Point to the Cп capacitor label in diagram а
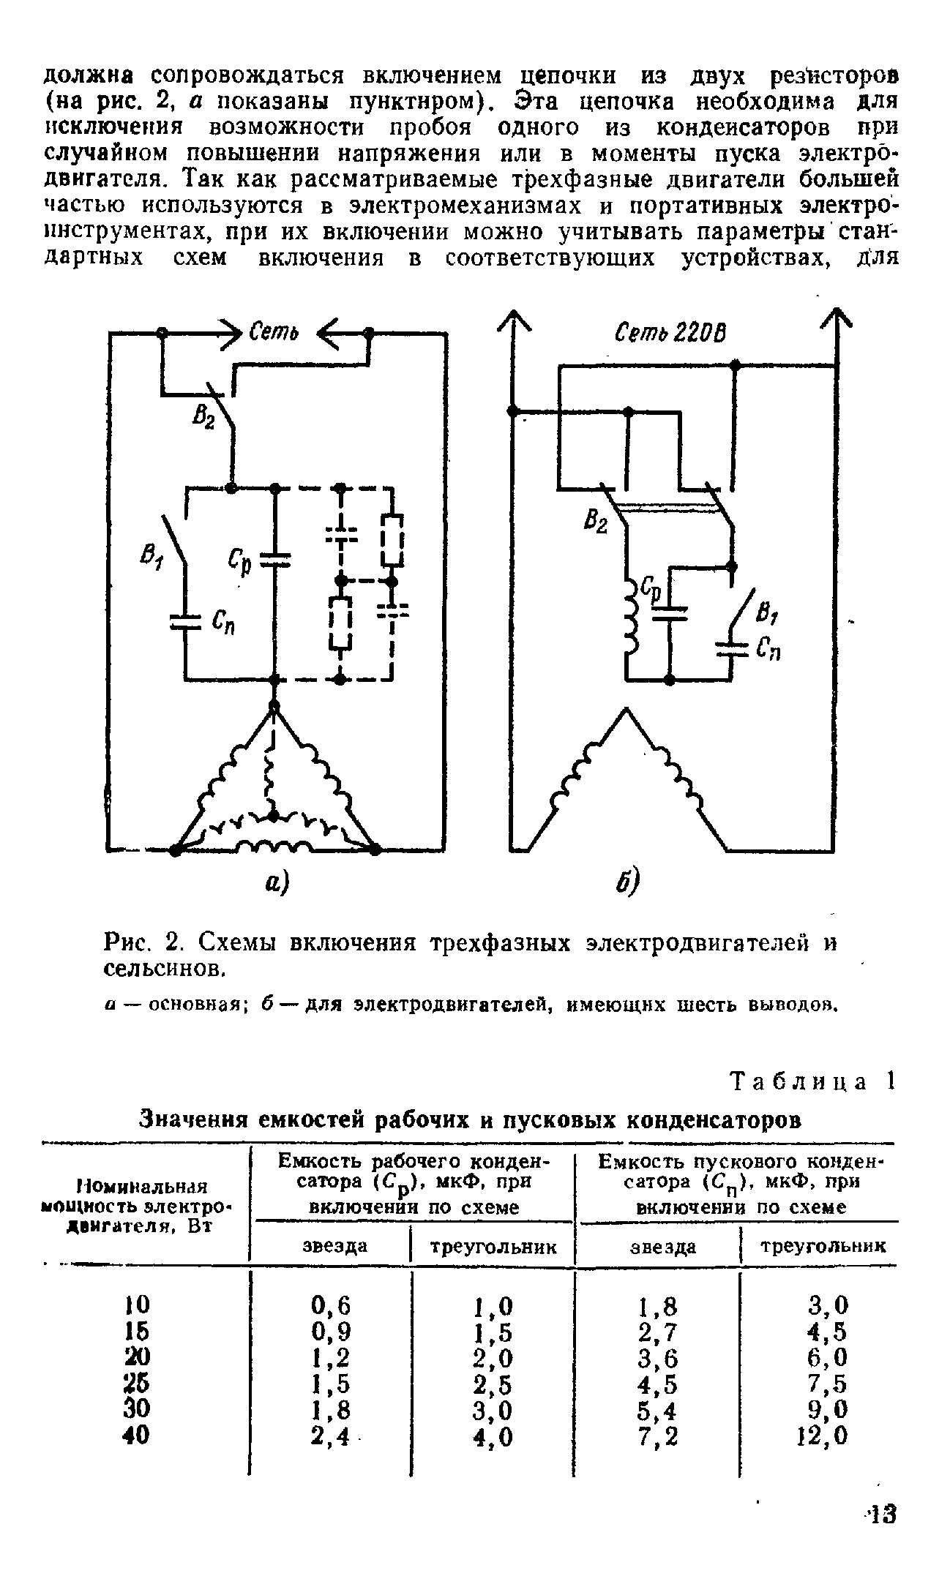(223, 624)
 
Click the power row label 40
(138, 1436)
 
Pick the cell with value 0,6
(332, 1305)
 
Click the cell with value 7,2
(658, 1437)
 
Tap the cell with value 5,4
(658, 1411)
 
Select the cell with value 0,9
(332, 1332)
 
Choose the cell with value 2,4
(332, 1437)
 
